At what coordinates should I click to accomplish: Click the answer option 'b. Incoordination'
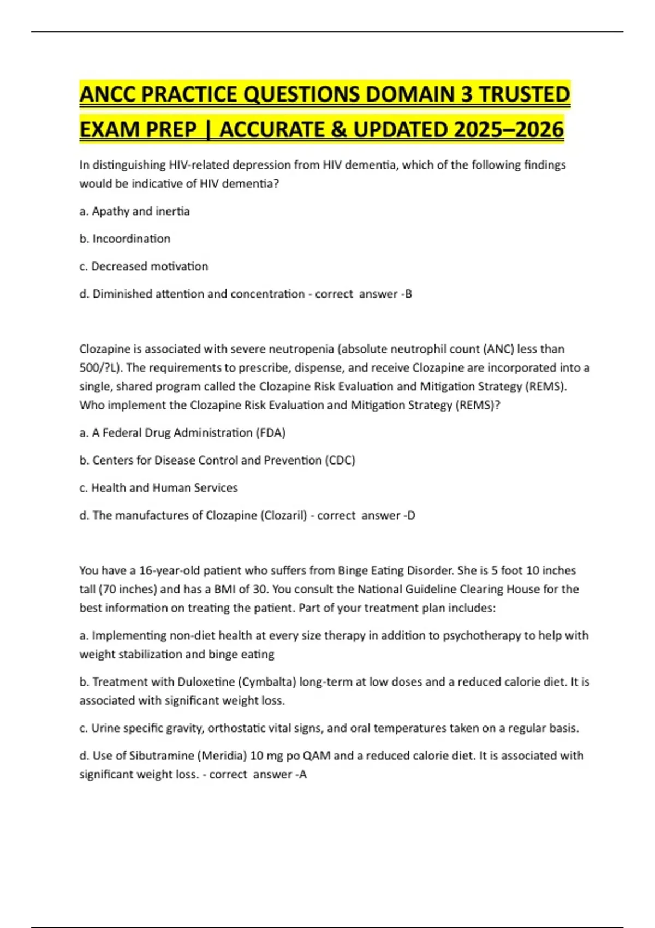[125, 239]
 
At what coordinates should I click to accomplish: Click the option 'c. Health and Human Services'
[158, 487]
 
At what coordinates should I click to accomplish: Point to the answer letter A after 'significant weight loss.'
[303, 774]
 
